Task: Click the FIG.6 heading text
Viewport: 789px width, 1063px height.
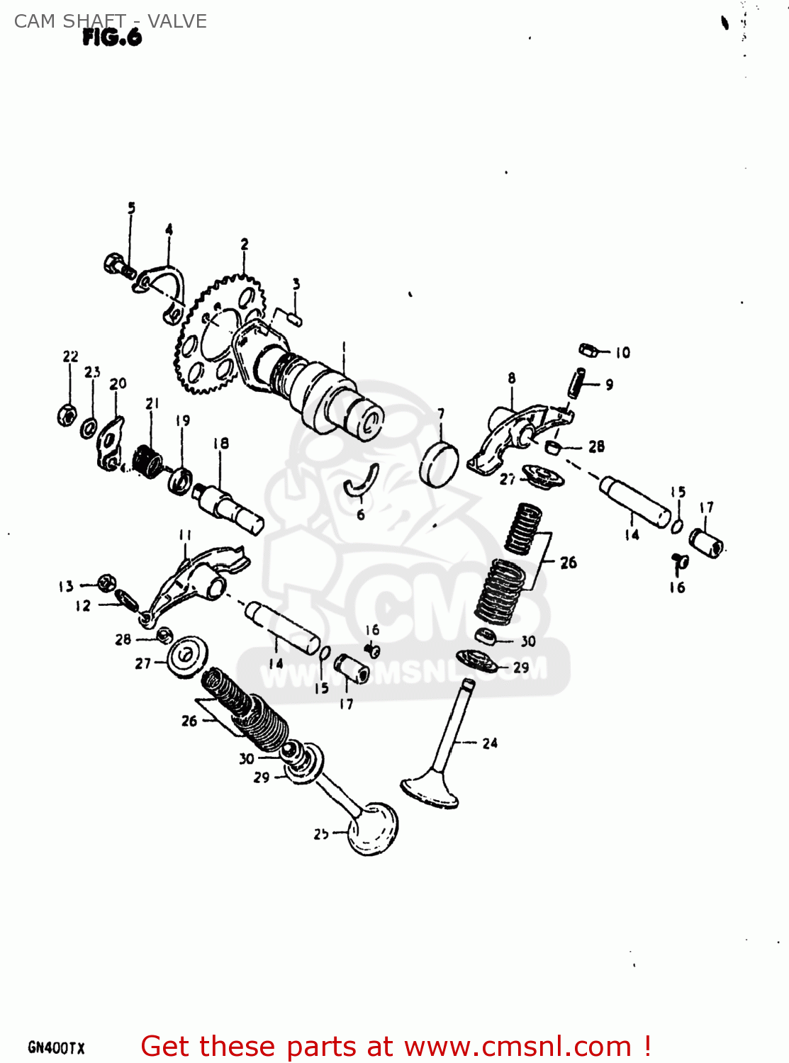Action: pos(112,38)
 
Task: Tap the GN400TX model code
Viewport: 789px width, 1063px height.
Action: pos(56,1047)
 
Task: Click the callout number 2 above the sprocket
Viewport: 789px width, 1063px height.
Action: pos(245,244)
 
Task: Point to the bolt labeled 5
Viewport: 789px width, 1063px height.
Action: pos(118,266)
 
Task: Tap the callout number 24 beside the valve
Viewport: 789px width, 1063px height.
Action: pos(490,743)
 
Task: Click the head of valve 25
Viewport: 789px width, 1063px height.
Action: pos(373,828)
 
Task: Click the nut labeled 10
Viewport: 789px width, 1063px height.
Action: pos(588,349)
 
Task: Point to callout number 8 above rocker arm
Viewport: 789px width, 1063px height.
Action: pos(512,378)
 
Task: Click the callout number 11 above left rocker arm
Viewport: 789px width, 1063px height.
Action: pos(185,535)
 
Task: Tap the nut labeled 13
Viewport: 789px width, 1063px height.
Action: pos(105,583)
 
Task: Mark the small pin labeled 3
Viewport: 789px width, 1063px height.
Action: pos(290,317)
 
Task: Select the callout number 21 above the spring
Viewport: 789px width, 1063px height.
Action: pos(152,403)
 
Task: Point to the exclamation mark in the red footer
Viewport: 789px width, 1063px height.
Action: pos(647,1046)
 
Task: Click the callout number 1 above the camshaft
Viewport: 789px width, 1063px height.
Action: pos(345,347)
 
